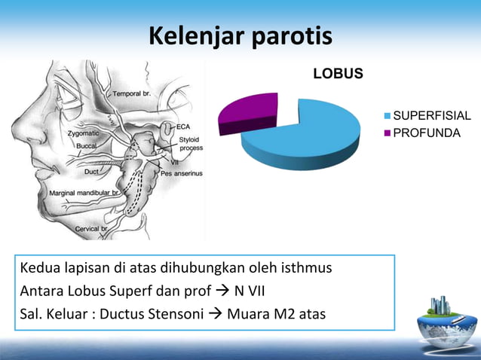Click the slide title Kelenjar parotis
click(x=240, y=35)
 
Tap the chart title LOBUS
click(x=338, y=74)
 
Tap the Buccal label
click(x=84, y=147)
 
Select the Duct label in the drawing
click(x=91, y=172)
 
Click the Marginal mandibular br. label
click(x=84, y=194)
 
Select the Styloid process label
click(x=190, y=144)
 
